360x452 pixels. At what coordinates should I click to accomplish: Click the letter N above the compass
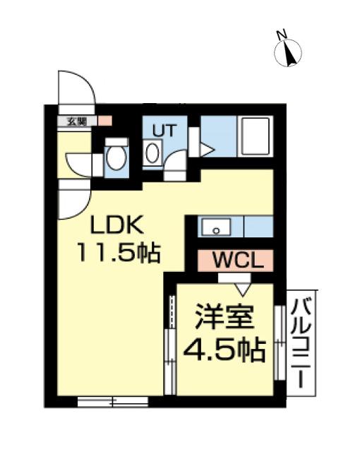[281, 34]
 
